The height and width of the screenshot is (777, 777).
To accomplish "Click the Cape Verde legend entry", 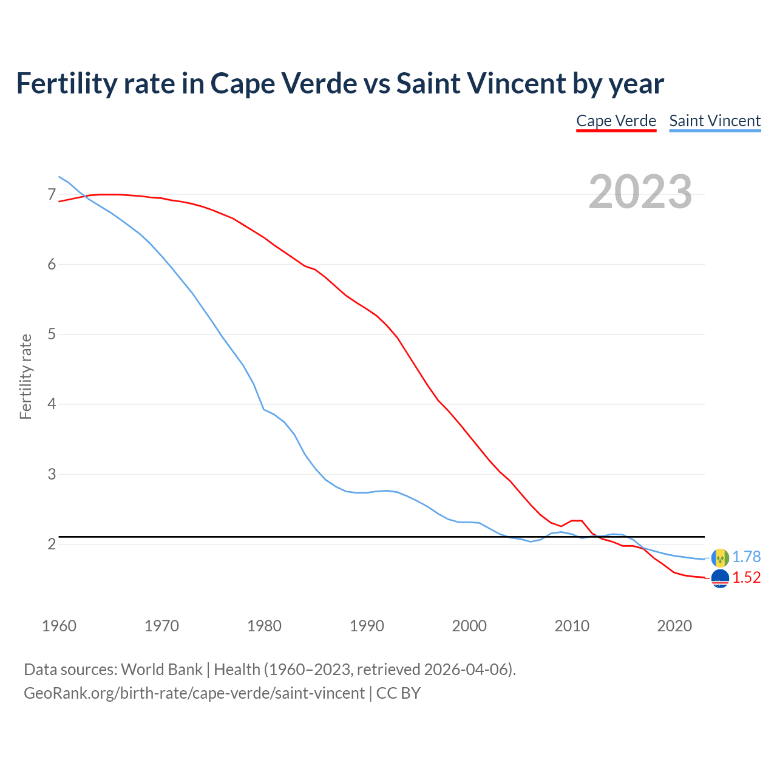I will click(616, 121).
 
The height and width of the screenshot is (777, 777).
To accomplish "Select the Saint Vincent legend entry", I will click(714, 121).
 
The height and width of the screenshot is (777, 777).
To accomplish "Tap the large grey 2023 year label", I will click(640, 192).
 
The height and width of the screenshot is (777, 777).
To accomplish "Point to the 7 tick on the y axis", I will click(52, 195).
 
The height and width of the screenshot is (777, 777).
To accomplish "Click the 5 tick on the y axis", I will click(52, 334).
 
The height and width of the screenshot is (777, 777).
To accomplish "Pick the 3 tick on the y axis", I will click(52, 474).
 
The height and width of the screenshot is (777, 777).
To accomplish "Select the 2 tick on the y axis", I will click(52, 544).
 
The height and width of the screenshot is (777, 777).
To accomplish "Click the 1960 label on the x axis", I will click(59, 626).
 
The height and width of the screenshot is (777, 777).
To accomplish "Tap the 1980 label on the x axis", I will click(264, 626).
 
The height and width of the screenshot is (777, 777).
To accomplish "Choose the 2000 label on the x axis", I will click(469, 626).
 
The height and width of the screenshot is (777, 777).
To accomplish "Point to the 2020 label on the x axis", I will click(674, 626).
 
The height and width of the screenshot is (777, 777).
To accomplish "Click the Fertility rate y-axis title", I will click(25, 376).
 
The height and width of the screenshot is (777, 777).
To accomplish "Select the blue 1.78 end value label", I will click(746, 557).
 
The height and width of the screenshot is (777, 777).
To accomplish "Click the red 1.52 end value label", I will click(746, 577).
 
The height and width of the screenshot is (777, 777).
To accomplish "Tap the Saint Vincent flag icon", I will click(720, 557).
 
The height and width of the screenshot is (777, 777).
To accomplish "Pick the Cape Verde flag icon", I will click(720, 579).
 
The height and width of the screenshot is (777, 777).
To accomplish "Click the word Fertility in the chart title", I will click(64, 83).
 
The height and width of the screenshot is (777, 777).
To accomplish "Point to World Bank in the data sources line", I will click(161, 670).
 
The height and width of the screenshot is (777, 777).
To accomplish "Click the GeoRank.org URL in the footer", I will click(194, 693).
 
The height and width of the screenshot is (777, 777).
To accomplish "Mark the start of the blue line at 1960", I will click(59, 177).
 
